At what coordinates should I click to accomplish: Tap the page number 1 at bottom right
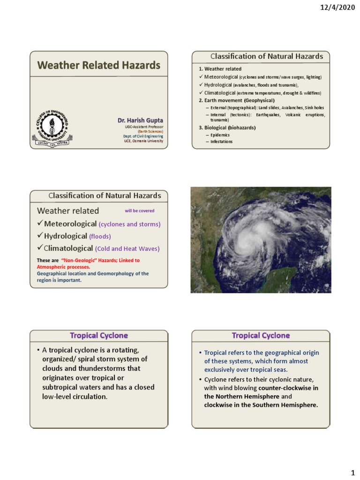tap(352, 473)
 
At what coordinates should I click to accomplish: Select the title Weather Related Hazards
tap(98, 65)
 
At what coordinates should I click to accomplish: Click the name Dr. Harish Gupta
tap(140, 120)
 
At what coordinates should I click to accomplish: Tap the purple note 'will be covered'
tap(139, 211)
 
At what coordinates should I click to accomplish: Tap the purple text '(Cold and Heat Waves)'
tap(127, 249)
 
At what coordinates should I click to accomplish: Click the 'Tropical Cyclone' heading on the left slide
tap(98, 336)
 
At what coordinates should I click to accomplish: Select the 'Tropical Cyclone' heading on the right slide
tap(261, 336)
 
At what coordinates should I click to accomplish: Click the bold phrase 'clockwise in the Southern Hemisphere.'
tap(261, 405)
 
